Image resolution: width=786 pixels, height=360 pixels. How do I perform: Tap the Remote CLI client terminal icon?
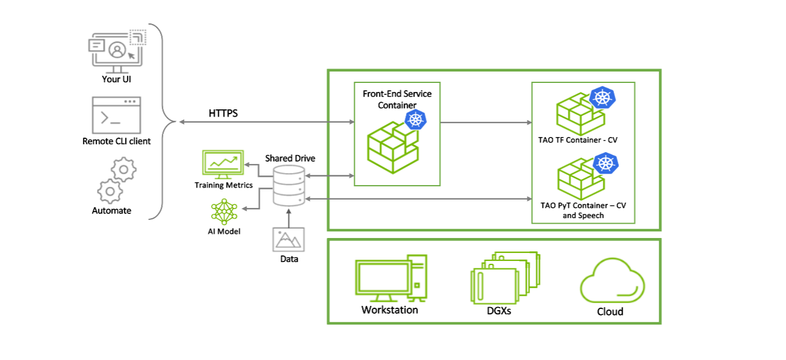coord(116,115)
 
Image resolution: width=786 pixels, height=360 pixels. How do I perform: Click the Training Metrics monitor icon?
coord(221,164)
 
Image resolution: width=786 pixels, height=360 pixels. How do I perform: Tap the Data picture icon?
coord(289,239)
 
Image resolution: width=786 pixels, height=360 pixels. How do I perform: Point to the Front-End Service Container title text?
coord(397,99)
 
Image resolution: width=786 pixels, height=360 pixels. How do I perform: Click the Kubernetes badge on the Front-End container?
coord(415,120)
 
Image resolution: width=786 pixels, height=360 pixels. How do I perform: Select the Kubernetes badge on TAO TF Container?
coord(601,97)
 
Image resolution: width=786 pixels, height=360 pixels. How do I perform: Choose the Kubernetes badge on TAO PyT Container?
coord(606,163)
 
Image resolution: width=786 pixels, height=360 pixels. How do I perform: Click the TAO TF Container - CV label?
coord(578,140)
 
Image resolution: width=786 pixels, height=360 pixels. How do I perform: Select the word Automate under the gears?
coord(111,210)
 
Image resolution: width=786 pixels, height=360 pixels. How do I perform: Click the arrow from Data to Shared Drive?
coord(289,218)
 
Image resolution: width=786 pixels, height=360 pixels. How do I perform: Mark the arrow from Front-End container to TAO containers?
coord(486,122)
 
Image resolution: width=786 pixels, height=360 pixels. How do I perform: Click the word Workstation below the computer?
coord(389,310)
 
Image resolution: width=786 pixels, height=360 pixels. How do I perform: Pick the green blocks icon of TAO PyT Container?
coord(576,180)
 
